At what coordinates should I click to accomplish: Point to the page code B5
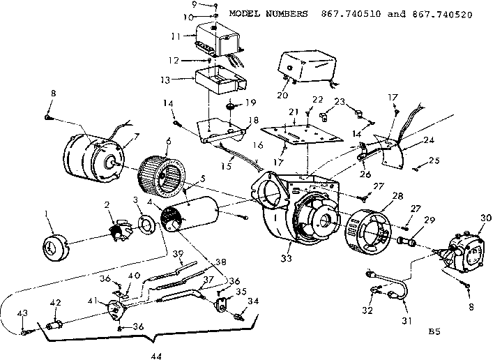[436, 333]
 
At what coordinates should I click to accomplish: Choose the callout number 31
[406, 321]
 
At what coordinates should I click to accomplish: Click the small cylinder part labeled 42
[54, 325]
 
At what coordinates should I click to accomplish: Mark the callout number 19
[252, 101]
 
